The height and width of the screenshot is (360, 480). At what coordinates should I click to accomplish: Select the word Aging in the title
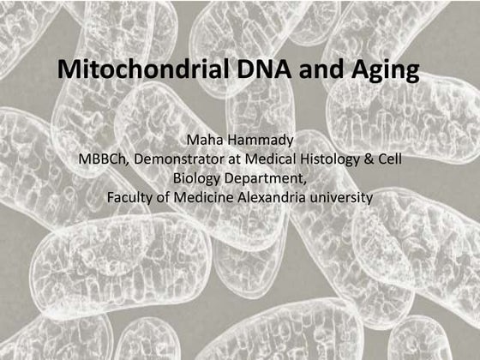coord(379,71)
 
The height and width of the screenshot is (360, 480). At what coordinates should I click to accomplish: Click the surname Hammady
coord(257,141)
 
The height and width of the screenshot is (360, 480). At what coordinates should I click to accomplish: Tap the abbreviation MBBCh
coord(99,160)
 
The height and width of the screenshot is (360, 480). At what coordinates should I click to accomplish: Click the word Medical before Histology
coord(272,160)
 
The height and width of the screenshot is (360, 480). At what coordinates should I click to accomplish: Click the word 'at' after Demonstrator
coord(230,160)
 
